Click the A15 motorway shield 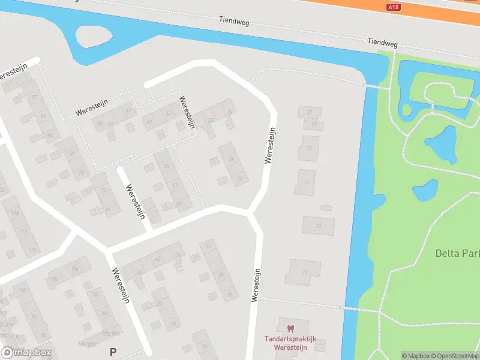tap(393, 7)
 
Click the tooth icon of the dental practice tap(291, 328)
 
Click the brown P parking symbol tap(112, 351)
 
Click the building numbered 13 tap(318, 226)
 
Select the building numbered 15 tap(305, 182)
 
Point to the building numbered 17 tap(309, 148)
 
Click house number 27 tap(310, 112)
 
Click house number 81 tap(73, 154)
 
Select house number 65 tap(166, 166)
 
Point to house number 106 tap(75, 268)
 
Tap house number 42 tap(157, 260)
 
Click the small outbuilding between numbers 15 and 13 tap(326, 208)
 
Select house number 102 tap(54, 279)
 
